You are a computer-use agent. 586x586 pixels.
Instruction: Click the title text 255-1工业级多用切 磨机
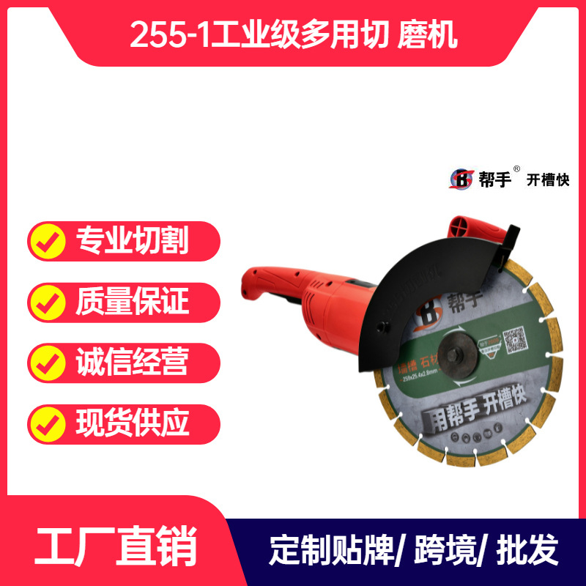click(x=293, y=34)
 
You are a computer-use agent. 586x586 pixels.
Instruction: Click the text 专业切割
click(x=132, y=241)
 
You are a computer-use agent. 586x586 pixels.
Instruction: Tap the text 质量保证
click(x=132, y=302)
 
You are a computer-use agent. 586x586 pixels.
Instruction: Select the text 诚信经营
click(x=132, y=362)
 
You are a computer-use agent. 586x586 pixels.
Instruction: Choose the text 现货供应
click(x=132, y=423)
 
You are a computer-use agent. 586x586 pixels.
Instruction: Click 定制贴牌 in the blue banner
click(x=333, y=549)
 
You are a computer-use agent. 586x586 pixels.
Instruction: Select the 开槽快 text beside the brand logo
click(x=548, y=179)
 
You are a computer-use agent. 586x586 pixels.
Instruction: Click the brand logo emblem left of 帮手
click(x=461, y=179)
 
